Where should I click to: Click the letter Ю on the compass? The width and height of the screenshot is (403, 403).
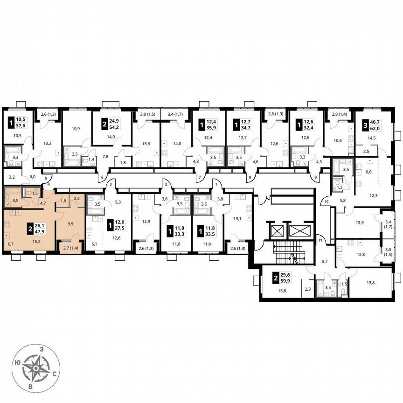17,362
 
